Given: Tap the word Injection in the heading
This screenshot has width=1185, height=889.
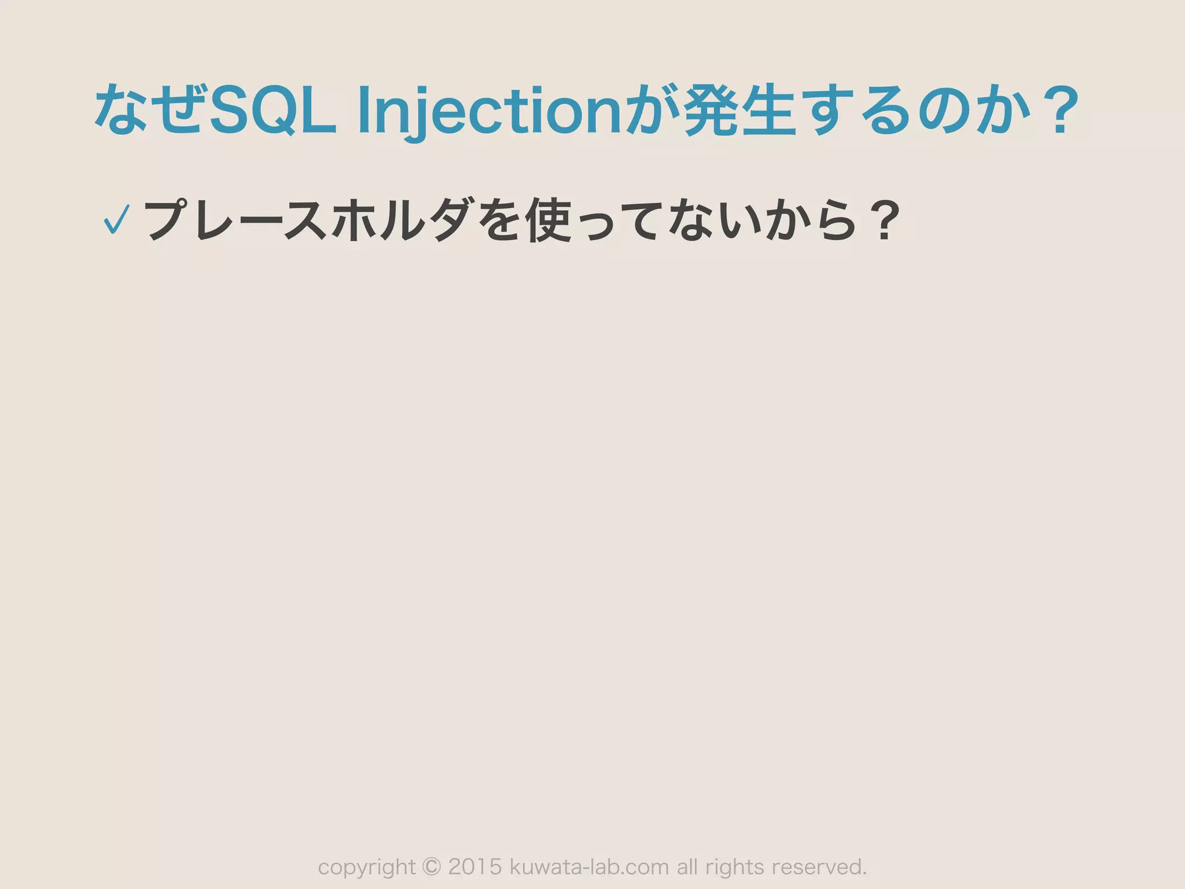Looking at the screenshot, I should [489, 111].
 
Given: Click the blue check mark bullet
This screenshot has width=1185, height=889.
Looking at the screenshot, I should [116, 221].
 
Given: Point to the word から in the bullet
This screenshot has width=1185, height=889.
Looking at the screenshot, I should [810, 221].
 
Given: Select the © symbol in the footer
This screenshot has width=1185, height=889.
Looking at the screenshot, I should [432, 866].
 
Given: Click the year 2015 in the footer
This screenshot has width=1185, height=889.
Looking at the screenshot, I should [475, 866].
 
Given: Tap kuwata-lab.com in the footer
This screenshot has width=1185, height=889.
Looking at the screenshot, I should [589, 866].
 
